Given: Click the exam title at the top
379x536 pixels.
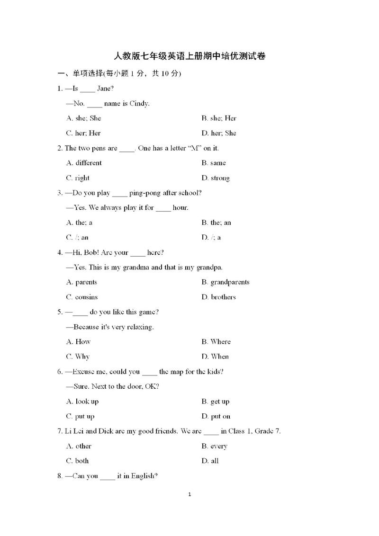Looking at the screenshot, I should pyautogui.click(x=189, y=56).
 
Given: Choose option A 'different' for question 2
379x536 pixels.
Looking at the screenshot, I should pyautogui.click(x=84, y=163).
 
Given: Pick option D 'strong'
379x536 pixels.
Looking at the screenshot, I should pyautogui.click(x=216, y=178).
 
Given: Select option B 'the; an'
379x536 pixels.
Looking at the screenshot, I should pyautogui.click(x=217, y=223).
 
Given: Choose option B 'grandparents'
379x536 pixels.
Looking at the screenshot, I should pyautogui.click(x=226, y=282).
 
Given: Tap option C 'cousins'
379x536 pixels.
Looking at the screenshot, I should pyautogui.click(x=82, y=297).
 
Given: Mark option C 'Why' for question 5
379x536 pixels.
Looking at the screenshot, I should pyautogui.click(x=78, y=357).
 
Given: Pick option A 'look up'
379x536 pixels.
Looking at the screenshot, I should pyautogui.click(x=82, y=402).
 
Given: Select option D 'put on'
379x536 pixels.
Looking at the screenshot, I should pyautogui.click(x=216, y=416).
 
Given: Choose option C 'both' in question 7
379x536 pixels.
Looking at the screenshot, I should pyautogui.click(x=78, y=461).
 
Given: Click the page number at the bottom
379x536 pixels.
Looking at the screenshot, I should pyautogui.click(x=189, y=494).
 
